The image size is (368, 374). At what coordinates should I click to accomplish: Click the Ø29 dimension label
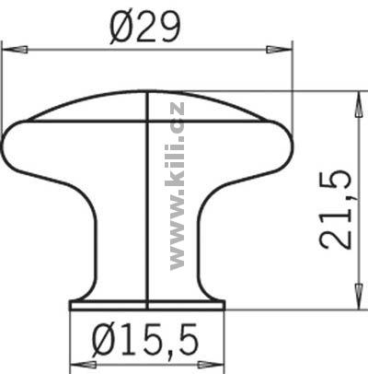(144, 29)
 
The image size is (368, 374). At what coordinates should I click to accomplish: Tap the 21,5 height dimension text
(335, 209)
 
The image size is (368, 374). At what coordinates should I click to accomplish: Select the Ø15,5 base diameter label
(145, 339)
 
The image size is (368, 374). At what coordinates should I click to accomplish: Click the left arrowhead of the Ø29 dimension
(15, 50)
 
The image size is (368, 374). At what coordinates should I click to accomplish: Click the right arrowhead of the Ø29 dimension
(279, 50)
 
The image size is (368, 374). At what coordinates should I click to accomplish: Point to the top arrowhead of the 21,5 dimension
(358, 104)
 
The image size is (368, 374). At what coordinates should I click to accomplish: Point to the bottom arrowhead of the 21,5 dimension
(358, 296)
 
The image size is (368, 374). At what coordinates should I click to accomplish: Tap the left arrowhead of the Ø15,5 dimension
(84, 365)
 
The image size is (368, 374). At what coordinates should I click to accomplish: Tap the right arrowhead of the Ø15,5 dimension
(212, 365)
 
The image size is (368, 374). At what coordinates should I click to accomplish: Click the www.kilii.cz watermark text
(176, 186)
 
